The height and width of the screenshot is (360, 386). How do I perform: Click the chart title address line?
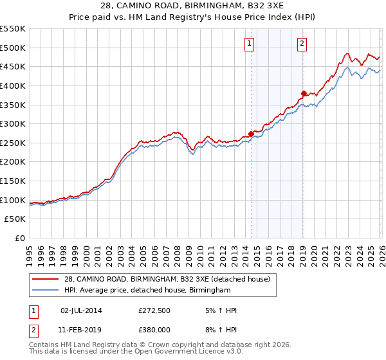coord(193,6)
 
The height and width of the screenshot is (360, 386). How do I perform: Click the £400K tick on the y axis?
coord(13,85)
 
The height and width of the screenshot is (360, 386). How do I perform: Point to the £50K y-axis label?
coord(15,219)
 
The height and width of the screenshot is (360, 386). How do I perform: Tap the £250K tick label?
coord(13,143)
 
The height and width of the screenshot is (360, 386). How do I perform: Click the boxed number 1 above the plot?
coord(249,44)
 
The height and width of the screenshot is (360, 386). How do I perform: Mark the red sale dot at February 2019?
coord(304,93)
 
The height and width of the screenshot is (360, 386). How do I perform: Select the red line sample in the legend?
coord(45,279)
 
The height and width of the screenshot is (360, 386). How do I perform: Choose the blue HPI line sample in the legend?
coord(45,291)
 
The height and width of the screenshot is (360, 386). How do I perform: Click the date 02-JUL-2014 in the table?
coord(81,310)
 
